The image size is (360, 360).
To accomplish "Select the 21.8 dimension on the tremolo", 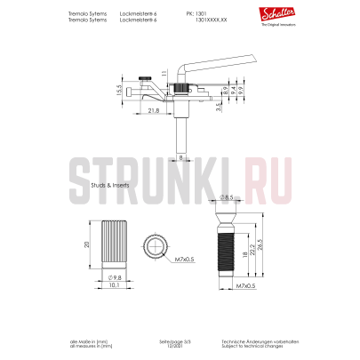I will [x=153, y=109].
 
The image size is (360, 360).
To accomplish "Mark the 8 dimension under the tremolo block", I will [x=180, y=157].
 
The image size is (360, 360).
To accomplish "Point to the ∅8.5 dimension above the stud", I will [x=228, y=196].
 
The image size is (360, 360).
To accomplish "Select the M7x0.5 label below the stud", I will [x=245, y=287].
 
